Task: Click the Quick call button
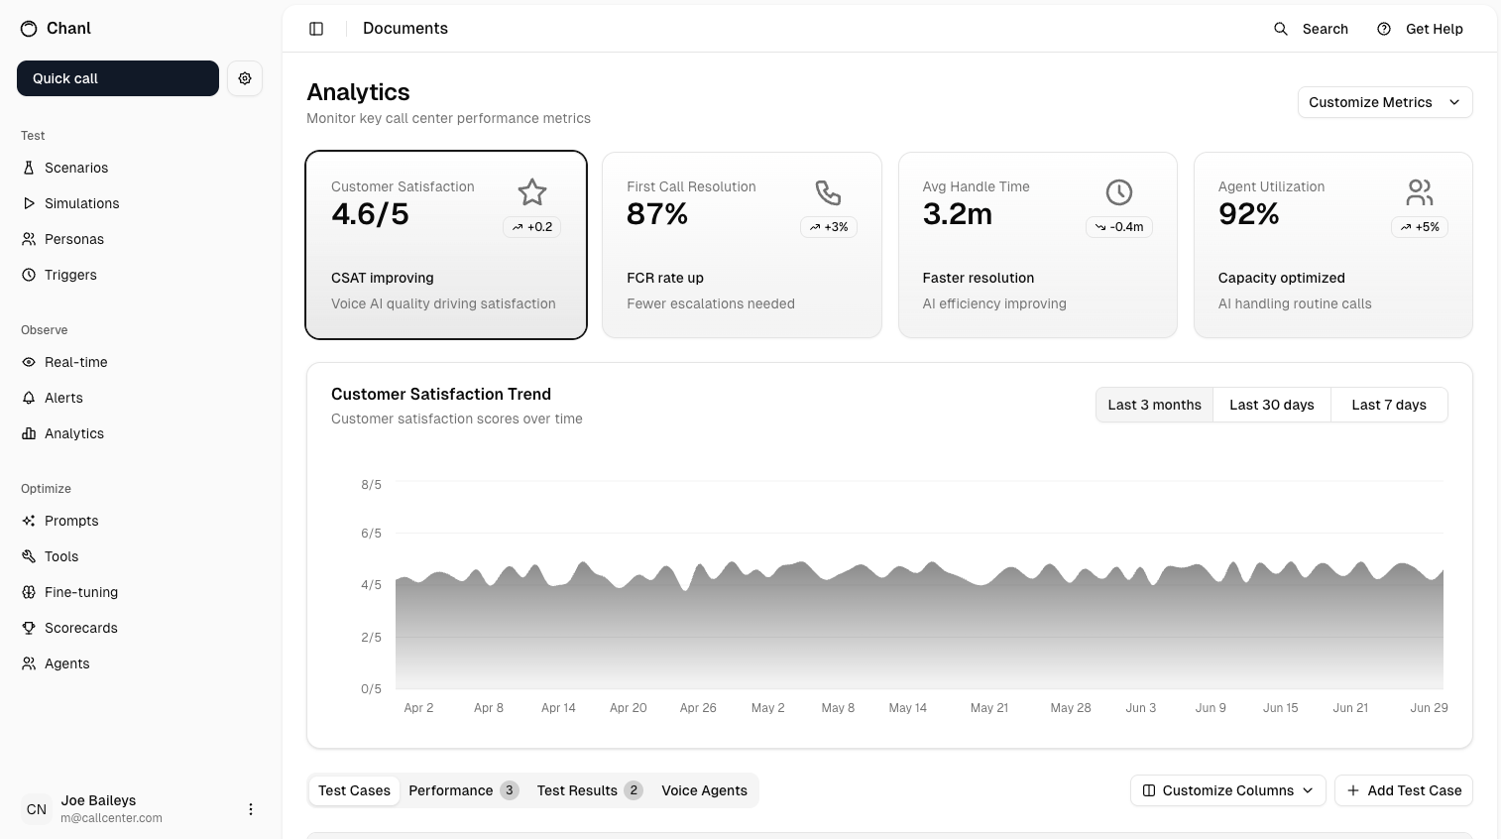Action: [x=117, y=78]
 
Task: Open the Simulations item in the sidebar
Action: [x=81, y=203]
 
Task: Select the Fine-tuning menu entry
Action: [x=80, y=592]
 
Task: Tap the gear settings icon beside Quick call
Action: [x=245, y=78]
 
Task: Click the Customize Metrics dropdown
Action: [x=1384, y=102]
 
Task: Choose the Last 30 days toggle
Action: [x=1271, y=405]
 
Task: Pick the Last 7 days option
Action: [x=1388, y=405]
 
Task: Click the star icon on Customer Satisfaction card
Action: [x=532, y=192]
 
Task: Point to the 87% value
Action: [x=657, y=214]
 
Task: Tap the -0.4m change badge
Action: [x=1119, y=227]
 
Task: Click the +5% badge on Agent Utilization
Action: [x=1420, y=227]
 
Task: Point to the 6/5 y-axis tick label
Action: [x=371, y=534]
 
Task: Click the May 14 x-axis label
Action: [x=907, y=708]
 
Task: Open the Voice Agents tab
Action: [x=704, y=790]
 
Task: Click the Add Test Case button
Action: [x=1403, y=790]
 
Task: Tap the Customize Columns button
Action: [x=1227, y=790]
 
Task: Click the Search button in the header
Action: [x=1311, y=29]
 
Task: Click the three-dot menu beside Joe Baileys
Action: [x=251, y=809]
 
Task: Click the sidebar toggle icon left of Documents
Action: [x=316, y=29]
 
